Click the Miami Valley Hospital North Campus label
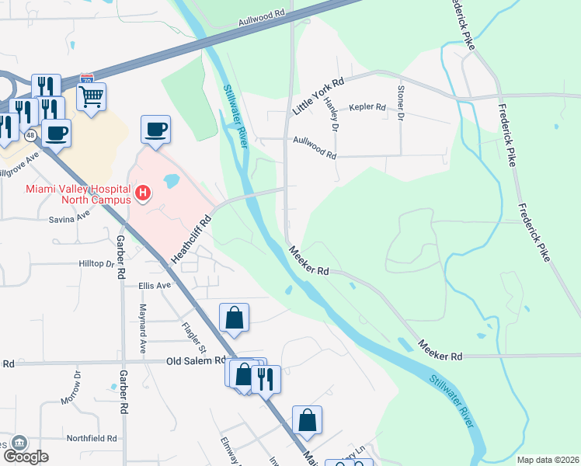77,193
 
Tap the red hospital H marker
142,193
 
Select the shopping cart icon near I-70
92,97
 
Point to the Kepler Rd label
367,107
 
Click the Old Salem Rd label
197,361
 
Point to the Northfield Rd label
92,439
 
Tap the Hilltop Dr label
96,264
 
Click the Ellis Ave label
154,286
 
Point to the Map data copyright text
548,460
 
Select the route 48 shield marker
30,135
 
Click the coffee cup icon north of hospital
155,129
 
